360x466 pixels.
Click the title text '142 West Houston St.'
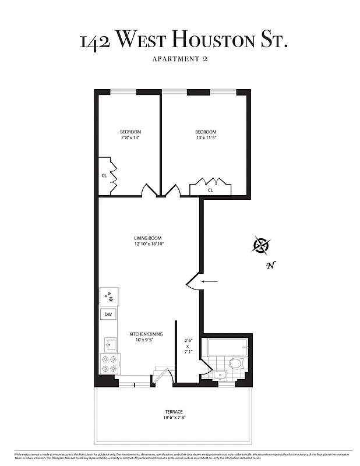183,41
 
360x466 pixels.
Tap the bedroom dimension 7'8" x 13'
130,138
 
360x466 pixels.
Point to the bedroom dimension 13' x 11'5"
206,138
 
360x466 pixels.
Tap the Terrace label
174,411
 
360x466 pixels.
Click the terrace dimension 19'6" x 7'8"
174,418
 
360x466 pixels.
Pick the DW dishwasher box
108,315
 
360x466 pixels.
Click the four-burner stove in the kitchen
110,364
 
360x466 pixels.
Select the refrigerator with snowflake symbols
109,297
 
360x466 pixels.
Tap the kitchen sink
110,344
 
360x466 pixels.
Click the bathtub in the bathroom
227,348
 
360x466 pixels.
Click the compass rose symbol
260,246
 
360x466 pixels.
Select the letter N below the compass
270,266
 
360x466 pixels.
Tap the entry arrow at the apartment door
210,283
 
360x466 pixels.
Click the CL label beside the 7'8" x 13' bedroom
104,175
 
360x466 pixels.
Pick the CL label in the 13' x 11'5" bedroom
210,190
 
